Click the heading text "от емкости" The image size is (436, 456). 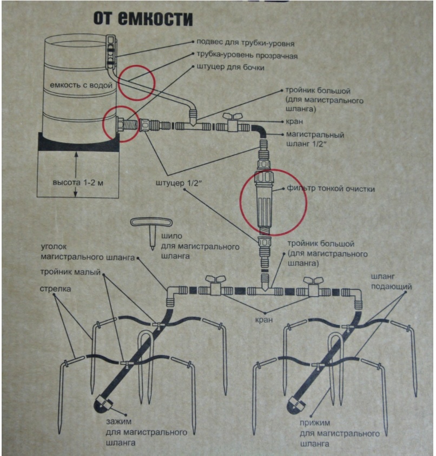tap(143, 18)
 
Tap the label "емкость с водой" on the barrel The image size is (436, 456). tap(81, 85)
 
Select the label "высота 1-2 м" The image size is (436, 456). tap(78, 183)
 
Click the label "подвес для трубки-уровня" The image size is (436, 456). tap(245, 43)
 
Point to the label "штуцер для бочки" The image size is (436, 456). tap(230, 67)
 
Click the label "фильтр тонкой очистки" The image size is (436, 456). tap(331, 189)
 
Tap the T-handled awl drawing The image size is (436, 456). tap(151, 231)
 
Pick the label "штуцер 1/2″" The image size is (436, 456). tap(179, 183)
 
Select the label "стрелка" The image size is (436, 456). tap(55, 289)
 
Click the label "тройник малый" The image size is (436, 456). tap(70, 272)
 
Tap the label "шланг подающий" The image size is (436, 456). tap(391, 281)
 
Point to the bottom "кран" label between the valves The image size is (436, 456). tap(264, 320)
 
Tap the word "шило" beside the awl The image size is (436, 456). tap(171, 236)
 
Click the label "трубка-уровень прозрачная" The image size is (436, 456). tap(247, 55)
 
